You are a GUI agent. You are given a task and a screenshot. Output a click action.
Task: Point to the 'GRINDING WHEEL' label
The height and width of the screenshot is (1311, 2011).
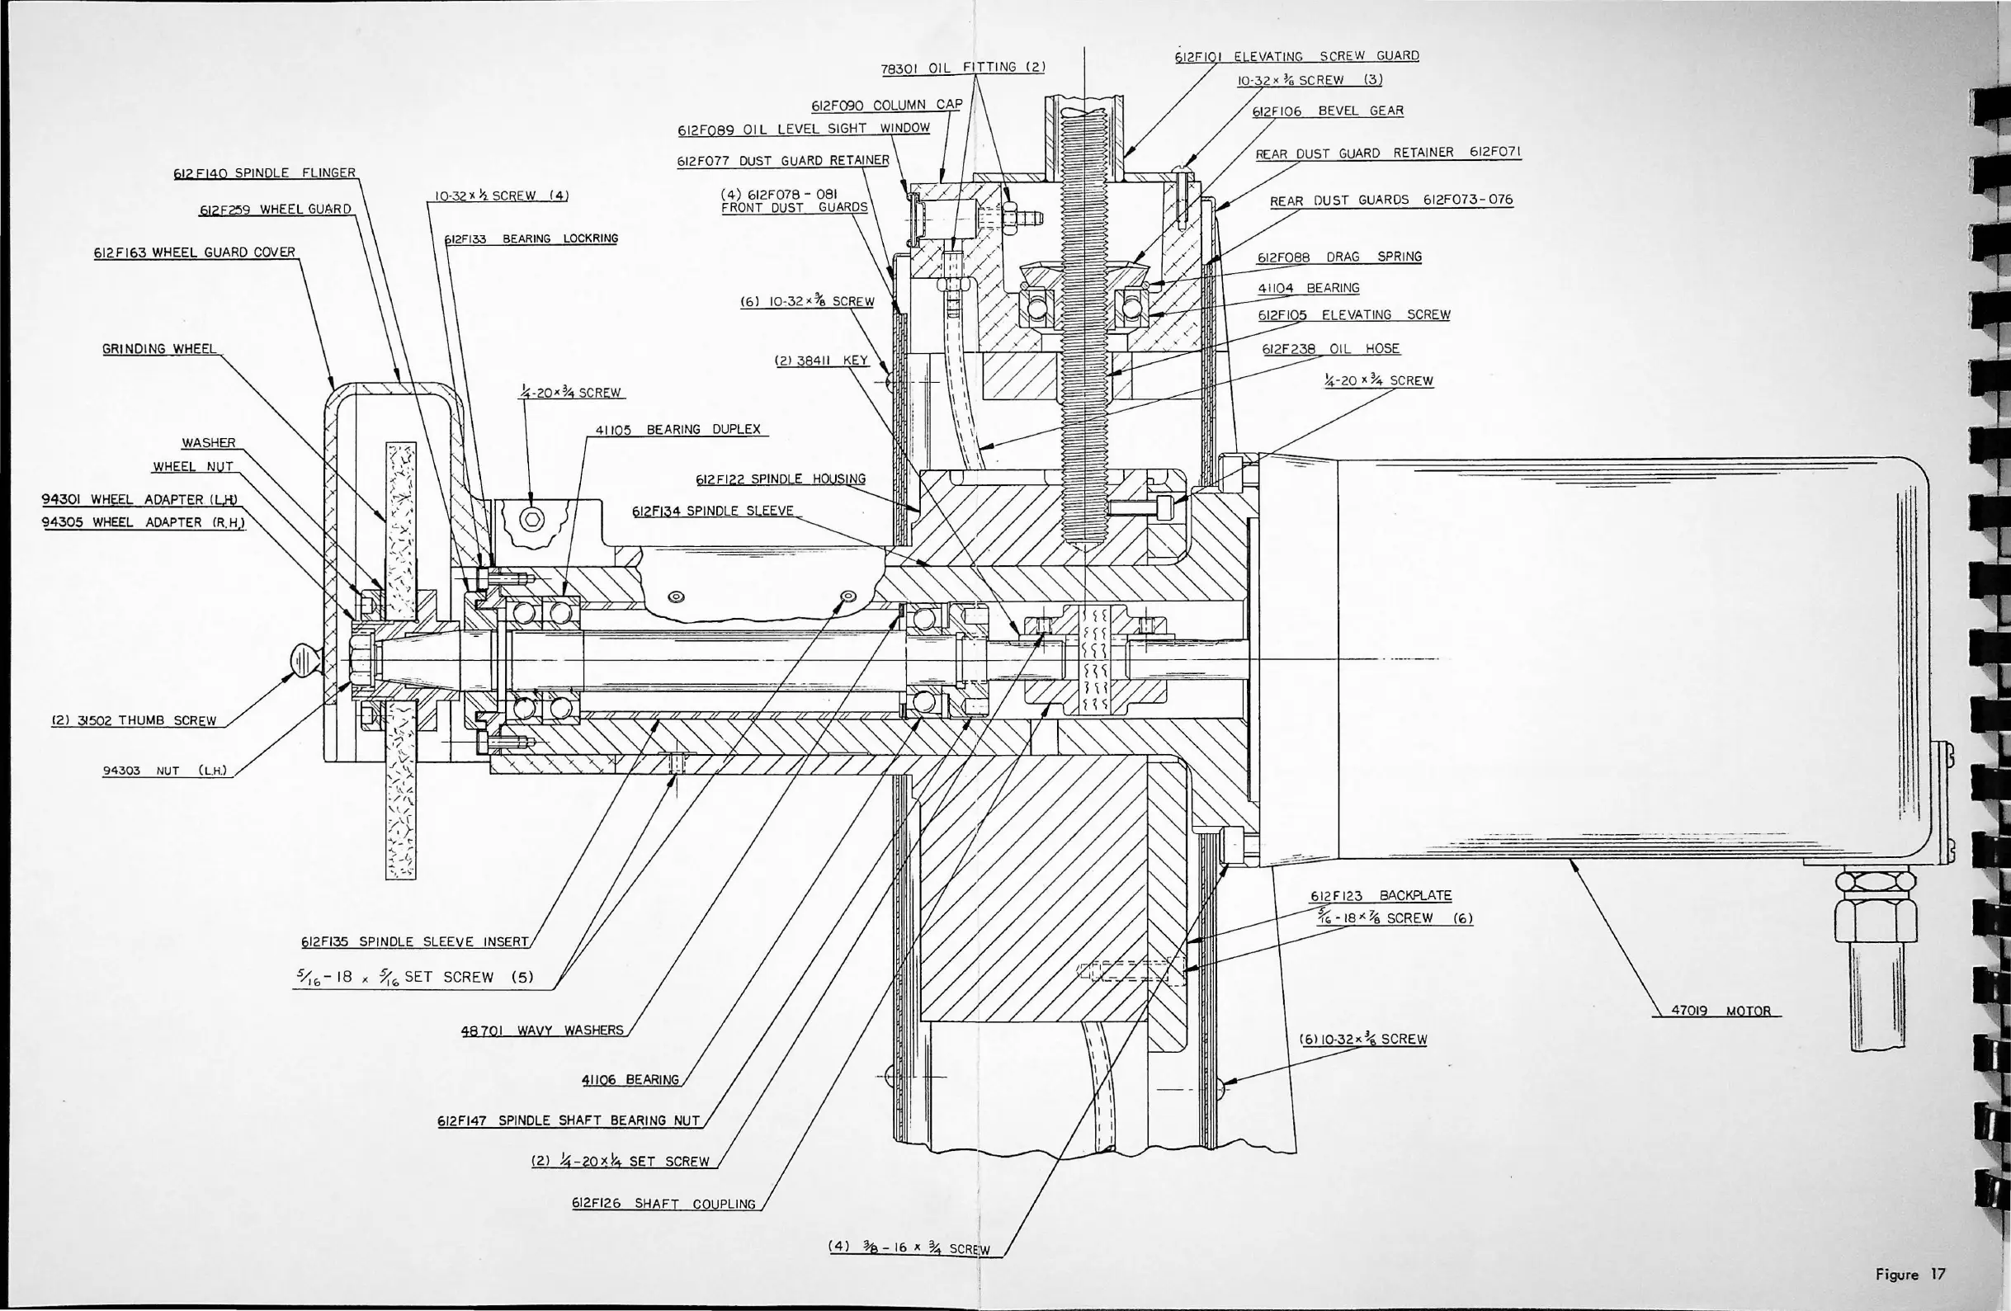(x=159, y=349)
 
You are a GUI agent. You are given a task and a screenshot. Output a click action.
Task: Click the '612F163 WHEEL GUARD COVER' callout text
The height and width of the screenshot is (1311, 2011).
(x=195, y=252)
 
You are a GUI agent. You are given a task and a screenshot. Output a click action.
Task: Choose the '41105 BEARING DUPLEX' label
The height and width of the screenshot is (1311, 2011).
(x=677, y=430)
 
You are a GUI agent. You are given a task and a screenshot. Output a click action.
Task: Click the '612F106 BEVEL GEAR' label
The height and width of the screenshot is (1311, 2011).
(x=1327, y=111)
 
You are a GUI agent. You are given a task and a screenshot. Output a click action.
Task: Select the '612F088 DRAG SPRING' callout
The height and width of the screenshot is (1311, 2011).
(x=1339, y=257)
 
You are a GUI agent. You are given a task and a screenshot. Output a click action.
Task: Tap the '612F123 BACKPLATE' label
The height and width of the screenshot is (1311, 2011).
(x=1381, y=895)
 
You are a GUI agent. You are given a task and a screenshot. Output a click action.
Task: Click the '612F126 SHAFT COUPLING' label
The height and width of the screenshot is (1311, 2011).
(x=663, y=1204)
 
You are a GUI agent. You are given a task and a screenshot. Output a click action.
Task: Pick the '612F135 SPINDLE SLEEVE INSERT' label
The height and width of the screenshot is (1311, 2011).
(x=414, y=942)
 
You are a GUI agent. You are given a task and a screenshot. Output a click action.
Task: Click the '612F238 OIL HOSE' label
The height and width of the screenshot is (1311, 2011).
(x=1331, y=349)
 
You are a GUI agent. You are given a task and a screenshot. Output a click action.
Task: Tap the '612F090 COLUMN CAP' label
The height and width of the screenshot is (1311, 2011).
(x=886, y=106)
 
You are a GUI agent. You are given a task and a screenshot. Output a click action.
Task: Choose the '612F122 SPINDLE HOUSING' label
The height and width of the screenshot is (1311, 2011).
(x=780, y=479)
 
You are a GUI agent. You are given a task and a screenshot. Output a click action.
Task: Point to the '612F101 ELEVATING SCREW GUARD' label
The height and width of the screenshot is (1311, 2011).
(x=1296, y=57)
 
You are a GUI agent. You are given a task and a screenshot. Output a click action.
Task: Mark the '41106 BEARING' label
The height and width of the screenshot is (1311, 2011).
(x=630, y=1079)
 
